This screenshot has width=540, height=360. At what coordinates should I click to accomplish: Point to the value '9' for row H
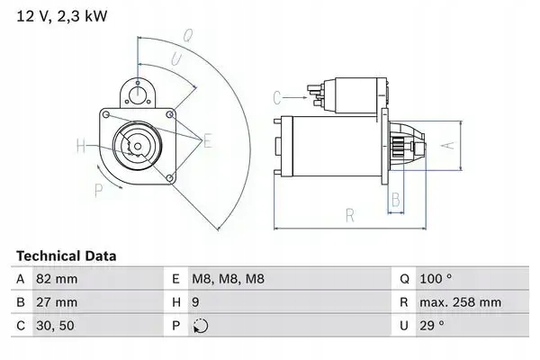(195, 303)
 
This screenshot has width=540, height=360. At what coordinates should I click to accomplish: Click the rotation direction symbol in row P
(199, 327)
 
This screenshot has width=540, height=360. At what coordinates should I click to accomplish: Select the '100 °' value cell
(435, 279)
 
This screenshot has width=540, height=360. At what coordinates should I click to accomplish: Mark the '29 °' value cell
(431, 327)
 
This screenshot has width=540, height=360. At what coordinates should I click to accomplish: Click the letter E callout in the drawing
(208, 139)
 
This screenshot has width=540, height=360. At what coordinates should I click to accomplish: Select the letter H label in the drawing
(81, 146)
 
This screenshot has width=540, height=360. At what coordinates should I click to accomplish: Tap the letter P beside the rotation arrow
(98, 188)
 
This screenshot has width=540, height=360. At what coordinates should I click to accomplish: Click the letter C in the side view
(277, 95)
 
